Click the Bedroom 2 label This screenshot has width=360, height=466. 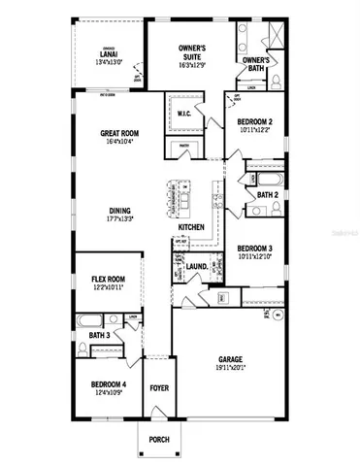(x=256, y=122)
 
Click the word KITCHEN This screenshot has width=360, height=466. (x=190, y=227)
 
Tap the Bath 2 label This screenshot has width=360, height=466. (x=268, y=195)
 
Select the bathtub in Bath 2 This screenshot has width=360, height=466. (x=261, y=179)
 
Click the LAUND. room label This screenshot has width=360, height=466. (x=197, y=264)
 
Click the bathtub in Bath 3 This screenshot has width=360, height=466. (x=88, y=320)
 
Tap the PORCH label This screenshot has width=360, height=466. (x=158, y=440)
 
